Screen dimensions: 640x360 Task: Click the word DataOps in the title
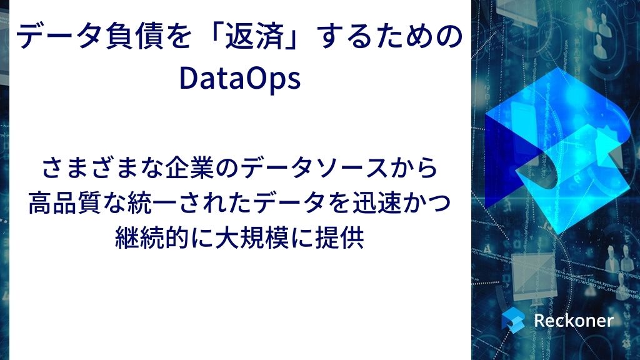pyautogui.click(x=240, y=79)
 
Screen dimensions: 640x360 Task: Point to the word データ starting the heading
pyautogui.click(x=59, y=36)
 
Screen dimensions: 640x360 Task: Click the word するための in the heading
pyautogui.click(x=391, y=36)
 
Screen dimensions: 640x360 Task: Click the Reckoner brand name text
pyautogui.click(x=574, y=321)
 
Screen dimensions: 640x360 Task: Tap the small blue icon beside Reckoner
pyautogui.click(x=513, y=320)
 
